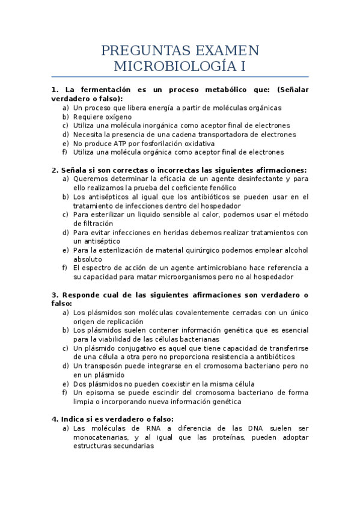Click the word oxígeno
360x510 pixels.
[114, 116]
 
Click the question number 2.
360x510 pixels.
[55, 170]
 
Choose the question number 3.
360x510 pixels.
[55, 295]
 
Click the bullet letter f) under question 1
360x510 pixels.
[65, 152]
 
